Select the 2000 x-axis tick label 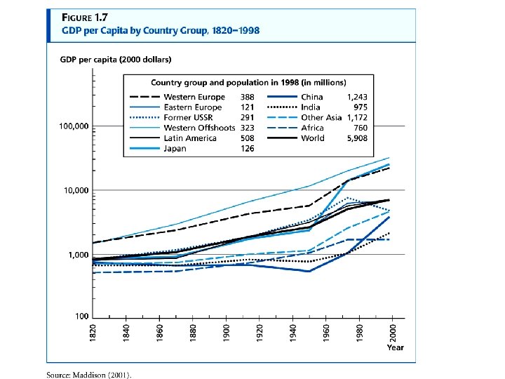click(x=394, y=333)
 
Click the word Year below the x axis click(x=395, y=347)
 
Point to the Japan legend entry click(x=175, y=149)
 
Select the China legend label click(x=312, y=97)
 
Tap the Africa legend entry click(x=312, y=128)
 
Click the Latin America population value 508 click(x=248, y=138)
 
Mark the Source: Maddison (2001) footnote click(x=88, y=374)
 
